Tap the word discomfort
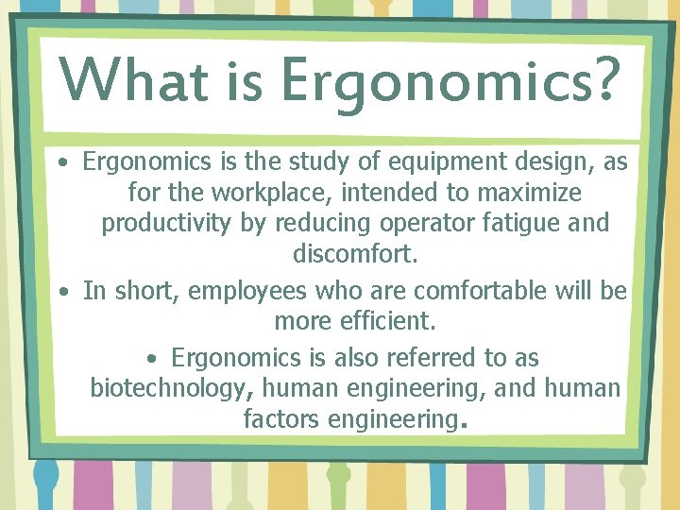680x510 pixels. point(355,255)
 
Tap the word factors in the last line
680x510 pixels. point(281,419)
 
